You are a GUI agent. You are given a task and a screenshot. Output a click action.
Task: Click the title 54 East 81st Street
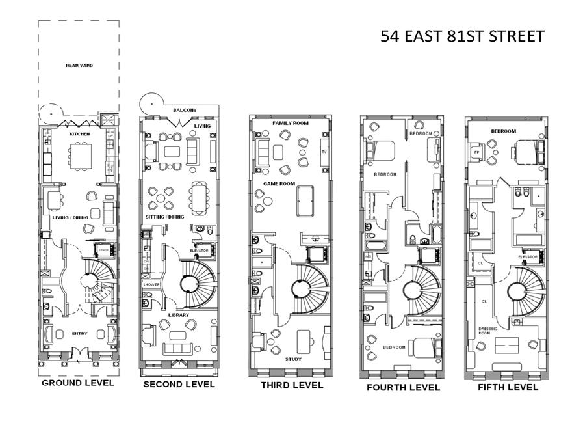462,36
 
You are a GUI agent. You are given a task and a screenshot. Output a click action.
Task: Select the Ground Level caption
78,383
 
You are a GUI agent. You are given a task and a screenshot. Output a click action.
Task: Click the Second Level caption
179,385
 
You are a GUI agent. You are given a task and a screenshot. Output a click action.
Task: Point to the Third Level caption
292,385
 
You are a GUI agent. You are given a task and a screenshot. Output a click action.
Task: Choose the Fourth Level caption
403,387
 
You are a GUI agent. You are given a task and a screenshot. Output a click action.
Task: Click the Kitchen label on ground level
79,134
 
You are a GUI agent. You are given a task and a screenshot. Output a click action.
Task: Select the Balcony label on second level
185,111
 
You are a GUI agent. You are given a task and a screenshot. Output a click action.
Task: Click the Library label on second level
179,315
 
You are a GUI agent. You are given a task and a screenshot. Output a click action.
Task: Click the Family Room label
291,123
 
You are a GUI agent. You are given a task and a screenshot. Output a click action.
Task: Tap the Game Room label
279,184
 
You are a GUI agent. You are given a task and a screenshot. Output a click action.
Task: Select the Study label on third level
294,359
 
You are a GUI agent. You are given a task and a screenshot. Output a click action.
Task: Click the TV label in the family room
324,152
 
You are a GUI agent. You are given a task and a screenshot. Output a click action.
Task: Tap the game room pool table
306,202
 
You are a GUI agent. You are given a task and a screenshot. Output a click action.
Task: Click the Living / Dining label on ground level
70,217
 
